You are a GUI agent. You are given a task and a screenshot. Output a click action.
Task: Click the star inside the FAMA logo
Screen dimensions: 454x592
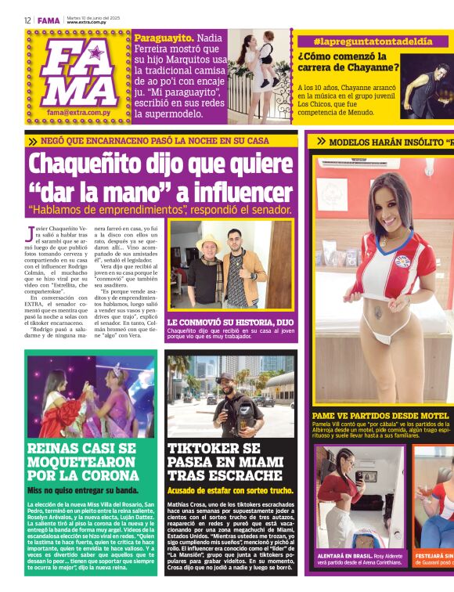pyautogui.click(x=96, y=53)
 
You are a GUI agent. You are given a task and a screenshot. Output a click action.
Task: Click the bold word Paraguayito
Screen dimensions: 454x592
pyautogui.click(x=164, y=37)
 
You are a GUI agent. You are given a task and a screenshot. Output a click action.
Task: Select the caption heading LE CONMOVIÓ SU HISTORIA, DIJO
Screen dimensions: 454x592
pyautogui.click(x=229, y=322)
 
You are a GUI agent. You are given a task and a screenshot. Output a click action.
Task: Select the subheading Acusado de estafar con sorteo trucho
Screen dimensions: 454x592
pyautogui.click(x=229, y=490)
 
